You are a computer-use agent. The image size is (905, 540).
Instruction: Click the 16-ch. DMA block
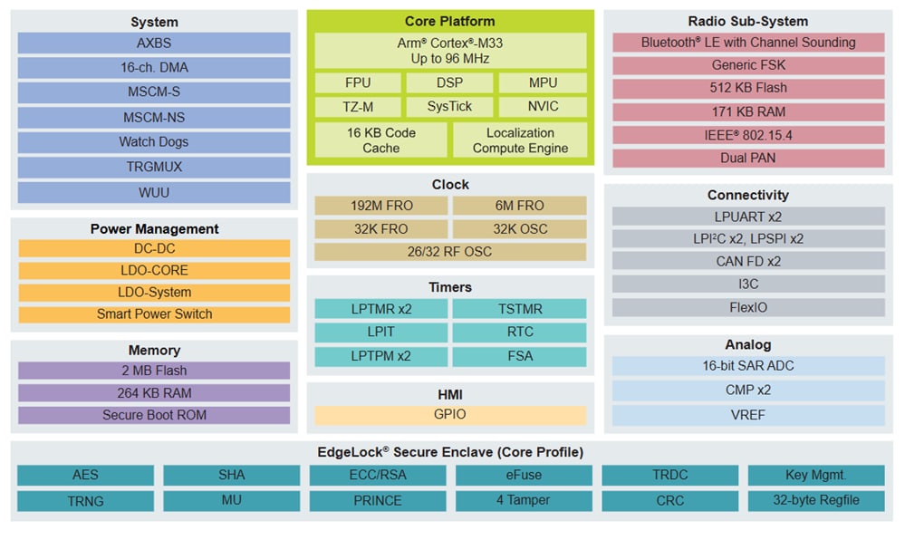tap(154, 68)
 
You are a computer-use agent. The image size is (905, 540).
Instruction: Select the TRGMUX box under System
tap(154, 168)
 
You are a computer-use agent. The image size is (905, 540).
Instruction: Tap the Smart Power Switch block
tap(154, 314)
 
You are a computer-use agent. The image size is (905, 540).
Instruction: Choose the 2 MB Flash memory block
tap(154, 371)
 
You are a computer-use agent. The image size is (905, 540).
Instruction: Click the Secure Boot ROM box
tap(154, 415)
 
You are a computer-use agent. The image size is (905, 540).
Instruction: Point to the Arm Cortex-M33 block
tap(450, 51)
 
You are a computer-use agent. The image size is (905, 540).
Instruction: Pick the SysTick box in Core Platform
tap(450, 106)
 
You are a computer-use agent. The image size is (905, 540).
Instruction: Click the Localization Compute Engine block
tap(520, 140)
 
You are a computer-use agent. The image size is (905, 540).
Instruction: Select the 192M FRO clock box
tap(380, 206)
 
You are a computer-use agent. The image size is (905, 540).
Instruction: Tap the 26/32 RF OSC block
tap(450, 251)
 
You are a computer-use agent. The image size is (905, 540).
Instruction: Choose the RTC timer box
tap(520, 333)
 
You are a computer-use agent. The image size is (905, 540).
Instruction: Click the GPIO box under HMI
tap(450, 415)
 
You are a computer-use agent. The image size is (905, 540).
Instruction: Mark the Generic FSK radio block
tap(748, 65)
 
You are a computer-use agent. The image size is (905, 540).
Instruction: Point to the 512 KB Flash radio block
tap(748, 88)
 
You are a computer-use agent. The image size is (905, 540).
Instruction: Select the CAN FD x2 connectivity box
tap(748, 261)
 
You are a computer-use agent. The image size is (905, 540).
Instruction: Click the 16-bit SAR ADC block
tap(748, 366)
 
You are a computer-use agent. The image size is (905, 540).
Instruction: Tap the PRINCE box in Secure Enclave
tap(378, 500)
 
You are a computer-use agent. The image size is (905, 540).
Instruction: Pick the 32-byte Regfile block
tap(816, 500)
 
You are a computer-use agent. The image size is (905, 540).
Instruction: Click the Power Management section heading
tap(154, 229)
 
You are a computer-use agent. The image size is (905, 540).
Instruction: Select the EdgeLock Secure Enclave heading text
tap(450, 452)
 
